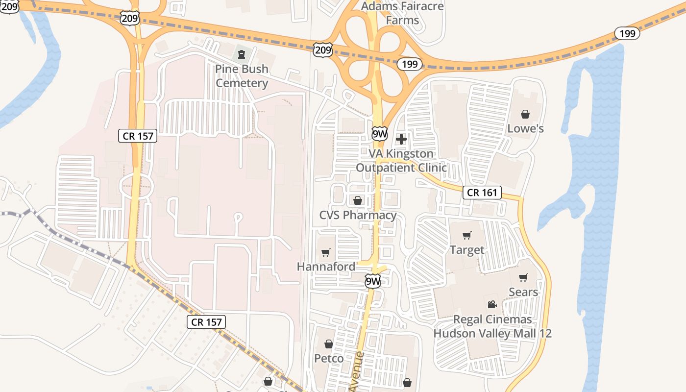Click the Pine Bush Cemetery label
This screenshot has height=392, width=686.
(x=242, y=76)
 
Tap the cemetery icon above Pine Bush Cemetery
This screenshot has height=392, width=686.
(x=241, y=53)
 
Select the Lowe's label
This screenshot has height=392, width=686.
(x=525, y=128)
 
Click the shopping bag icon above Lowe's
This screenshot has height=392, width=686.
(x=525, y=114)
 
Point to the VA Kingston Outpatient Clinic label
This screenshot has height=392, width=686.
(x=401, y=160)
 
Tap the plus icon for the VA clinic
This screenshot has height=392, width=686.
(x=401, y=139)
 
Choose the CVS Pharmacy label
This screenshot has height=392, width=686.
(x=358, y=215)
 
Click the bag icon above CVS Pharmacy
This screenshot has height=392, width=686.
(x=358, y=200)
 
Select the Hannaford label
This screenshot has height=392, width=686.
(x=326, y=267)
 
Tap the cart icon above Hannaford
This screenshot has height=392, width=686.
(x=326, y=252)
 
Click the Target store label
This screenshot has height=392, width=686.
(x=467, y=250)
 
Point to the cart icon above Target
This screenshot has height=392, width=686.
(x=467, y=236)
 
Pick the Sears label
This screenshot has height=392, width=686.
(x=523, y=292)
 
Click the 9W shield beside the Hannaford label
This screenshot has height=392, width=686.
(x=373, y=281)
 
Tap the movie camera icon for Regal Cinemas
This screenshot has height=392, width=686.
(x=492, y=304)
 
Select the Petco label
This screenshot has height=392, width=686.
(x=329, y=358)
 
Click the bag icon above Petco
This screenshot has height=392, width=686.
(x=329, y=344)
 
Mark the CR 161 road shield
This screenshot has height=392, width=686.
(x=482, y=193)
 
